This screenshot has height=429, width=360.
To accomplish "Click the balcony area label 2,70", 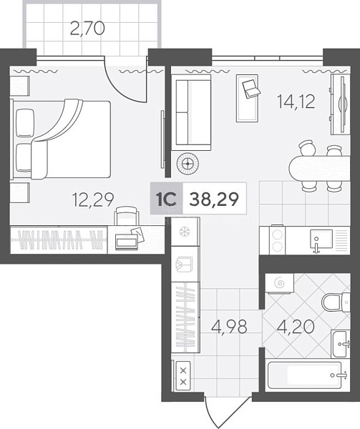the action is [87, 29].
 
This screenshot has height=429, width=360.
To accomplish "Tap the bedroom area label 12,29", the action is [93, 199].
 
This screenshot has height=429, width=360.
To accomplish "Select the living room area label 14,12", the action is [296, 102].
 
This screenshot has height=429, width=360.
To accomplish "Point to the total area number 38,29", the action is [214, 199].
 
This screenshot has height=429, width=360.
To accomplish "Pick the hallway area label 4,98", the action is [230, 327].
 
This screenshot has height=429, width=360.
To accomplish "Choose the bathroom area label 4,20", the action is [296, 327].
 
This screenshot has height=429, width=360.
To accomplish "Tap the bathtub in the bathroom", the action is [304, 375].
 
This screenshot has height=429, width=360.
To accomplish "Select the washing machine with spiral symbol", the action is [280, 283].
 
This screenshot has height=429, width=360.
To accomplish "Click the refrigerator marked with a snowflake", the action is [185, 232].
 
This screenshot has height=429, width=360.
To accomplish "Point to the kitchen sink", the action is [321, 240].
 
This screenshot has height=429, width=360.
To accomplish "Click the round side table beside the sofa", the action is [188, 164].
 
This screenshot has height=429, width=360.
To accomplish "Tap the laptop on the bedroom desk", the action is [126, 242].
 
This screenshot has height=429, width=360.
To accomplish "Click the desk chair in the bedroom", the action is [126, 215].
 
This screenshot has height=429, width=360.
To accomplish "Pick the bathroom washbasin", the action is [340, 344].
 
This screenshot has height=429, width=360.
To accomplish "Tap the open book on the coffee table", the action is [250, 88].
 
